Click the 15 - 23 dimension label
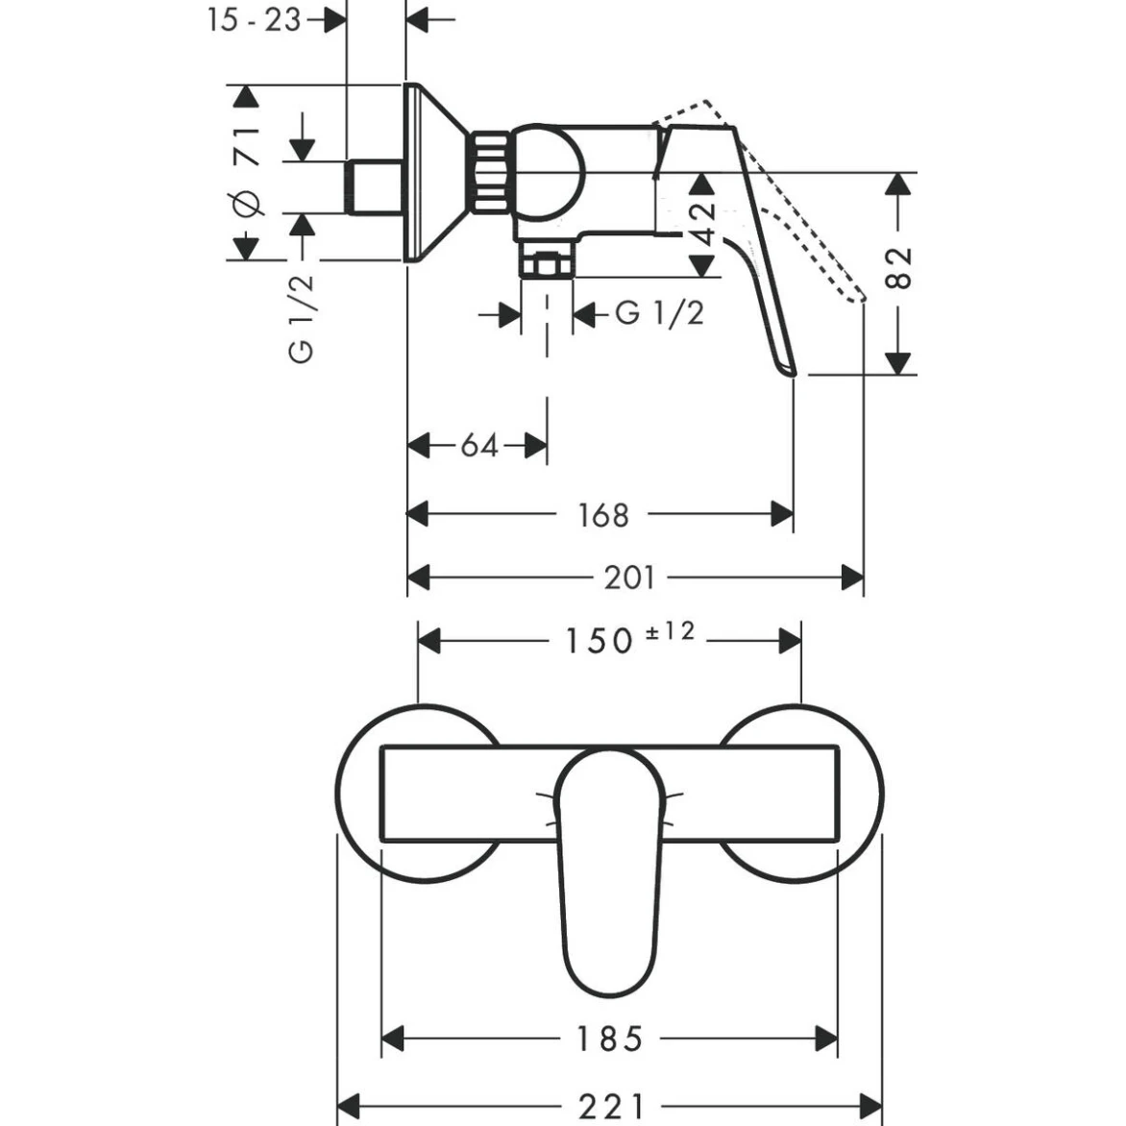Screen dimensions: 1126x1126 pyautogui.click(x=255, y=19)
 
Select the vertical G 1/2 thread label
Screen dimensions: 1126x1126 pyautogui.click(x=301, y=319)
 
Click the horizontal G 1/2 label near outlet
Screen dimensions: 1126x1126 pyautogui.click(x=659, y=313)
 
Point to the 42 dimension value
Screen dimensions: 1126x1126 pyautogui.click(x=703, y=224)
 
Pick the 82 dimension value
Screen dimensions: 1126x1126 pyautogui.click(x=897, y=269)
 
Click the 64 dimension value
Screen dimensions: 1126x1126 pyautogui.click(x=479, y=446)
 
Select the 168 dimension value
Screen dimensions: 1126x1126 pyautogui.click(x=602, y=515)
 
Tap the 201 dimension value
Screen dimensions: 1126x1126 pyautogui.click(x=629, y=577)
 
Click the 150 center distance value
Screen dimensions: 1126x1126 pyautogui.click(x=599, y=641)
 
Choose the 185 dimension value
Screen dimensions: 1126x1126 pyautogui.click(x=610, y=1039)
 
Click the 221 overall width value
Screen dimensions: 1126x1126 pyautogui.click(x=611, y=1106)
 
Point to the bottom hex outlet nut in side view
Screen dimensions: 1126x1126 pyautogui.click(x=547, y=263)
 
